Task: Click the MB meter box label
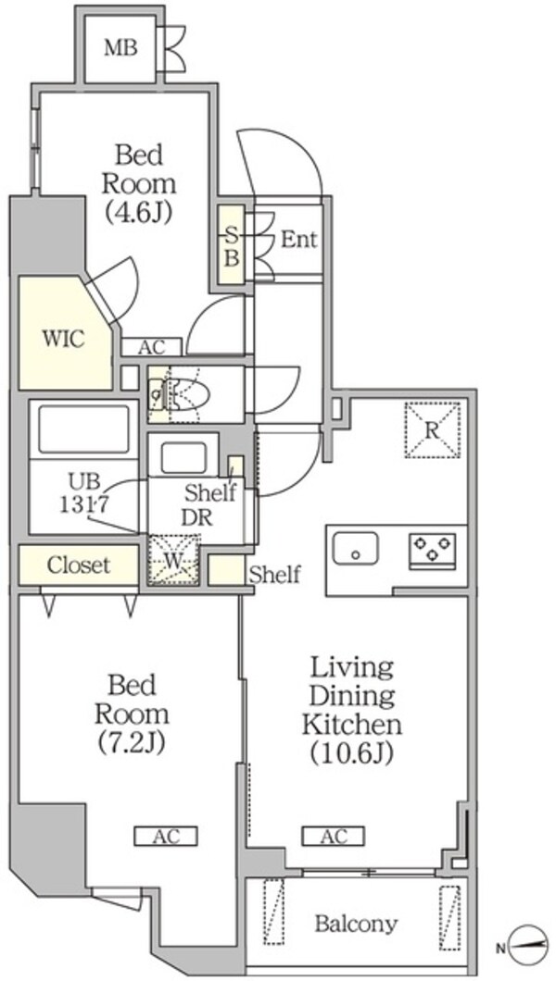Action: point(120,48)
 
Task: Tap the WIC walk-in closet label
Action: point(63,339)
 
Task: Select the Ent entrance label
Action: point(298,239)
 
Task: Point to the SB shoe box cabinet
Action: point(232,245)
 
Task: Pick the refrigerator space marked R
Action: point(432,429)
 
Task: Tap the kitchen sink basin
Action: point(356,549)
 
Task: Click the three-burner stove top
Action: point(433,550)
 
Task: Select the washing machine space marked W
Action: point(173,560)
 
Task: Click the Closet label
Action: point(78,565)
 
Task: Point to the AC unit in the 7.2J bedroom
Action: point(166,835)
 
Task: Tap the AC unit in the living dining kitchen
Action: point(333,835)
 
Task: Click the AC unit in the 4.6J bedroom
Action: point(152,347)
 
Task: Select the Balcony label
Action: point(356,923)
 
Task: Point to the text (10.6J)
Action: point(351,754)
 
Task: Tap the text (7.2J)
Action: point(132,741)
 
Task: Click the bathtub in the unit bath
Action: point(83,429)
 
